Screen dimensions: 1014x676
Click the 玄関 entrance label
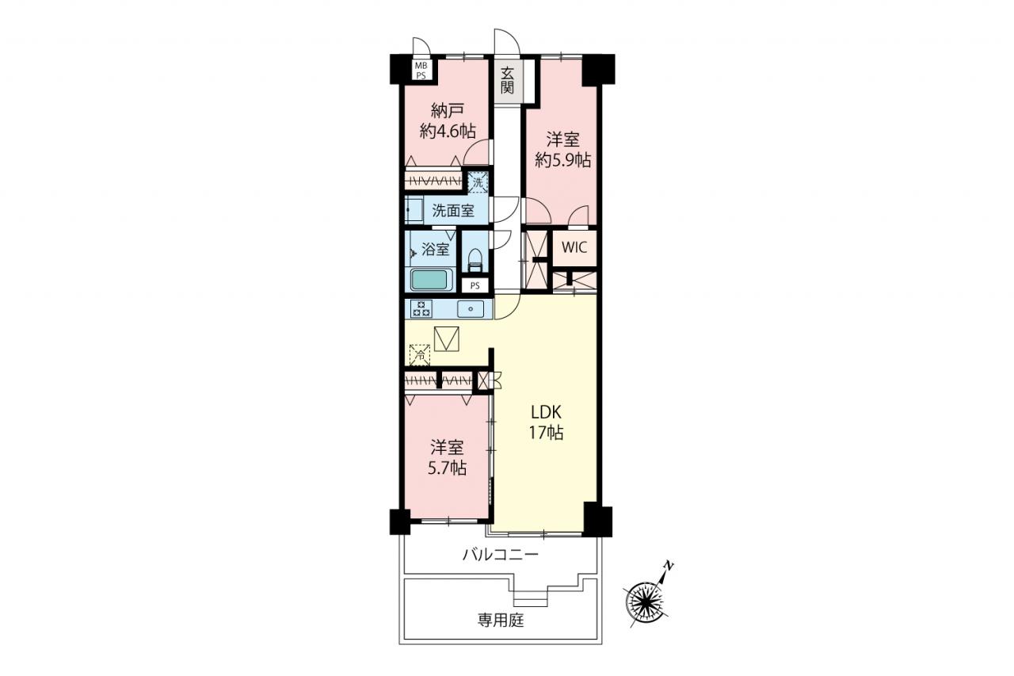tap(508, 81)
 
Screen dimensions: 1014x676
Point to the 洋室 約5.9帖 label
tap(562, 150)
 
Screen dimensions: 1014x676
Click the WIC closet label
tap(574, 248)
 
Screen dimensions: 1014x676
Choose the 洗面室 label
tap(453, 211)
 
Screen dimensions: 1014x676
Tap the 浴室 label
tap(436, 249)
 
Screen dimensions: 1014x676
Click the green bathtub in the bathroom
tap(432, 280)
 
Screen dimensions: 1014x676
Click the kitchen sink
tap(471, 309)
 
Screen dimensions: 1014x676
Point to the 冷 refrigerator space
tap(420, 354)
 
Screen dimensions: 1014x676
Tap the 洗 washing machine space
tap(478, 182)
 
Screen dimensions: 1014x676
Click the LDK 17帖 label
tap(547, 423)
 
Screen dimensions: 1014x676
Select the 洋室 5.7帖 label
tap(448, 458)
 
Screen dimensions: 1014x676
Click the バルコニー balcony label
tap(501, 554)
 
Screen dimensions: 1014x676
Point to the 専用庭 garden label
tap(501, 620)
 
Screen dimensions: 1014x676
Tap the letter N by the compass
tap(668, 566)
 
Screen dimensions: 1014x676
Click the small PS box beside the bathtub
tap(475, 286)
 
